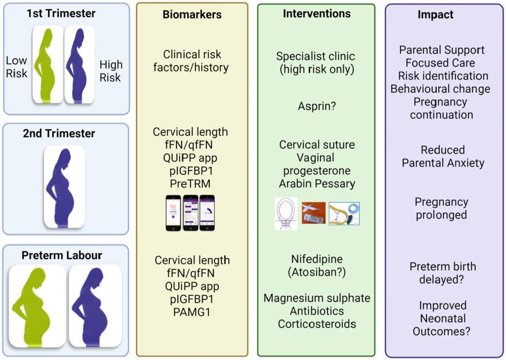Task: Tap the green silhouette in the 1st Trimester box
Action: (48, 64)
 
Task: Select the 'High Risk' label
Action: (111, 71)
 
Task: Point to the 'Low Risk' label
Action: (17, 67)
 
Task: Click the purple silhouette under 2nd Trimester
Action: (61, 188)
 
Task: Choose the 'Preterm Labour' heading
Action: (62, 255)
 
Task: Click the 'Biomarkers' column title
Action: (192, 15)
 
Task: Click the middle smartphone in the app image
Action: (190, 212)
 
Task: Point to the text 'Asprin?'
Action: (316, 106)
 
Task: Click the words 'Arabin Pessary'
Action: (317, 184)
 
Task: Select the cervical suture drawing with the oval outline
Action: (286, 213)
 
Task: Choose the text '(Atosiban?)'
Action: (317, 272)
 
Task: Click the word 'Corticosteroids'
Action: (317, 324)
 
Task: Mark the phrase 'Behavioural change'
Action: (440, 89)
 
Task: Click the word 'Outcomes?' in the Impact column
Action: (441, 331)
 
